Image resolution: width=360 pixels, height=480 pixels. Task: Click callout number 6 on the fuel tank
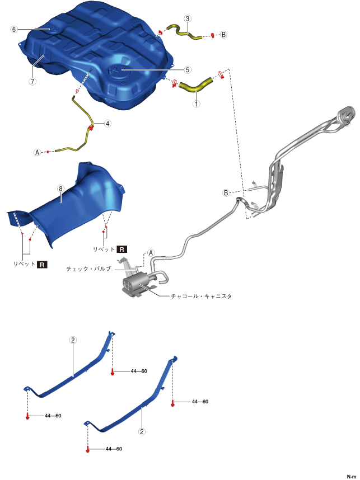(x=14, y=30)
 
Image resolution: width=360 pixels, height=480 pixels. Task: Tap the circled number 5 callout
(x=188, y=70)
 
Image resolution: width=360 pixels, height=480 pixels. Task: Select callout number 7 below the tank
(x=32, y=82)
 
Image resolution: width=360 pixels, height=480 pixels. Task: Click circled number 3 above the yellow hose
(x=188, y=18)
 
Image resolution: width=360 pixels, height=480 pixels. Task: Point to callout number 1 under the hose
(x=196, y=103)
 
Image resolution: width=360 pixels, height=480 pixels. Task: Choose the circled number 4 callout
(x=107, y=124)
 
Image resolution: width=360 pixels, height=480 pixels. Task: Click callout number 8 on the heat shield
(x=60, y=189)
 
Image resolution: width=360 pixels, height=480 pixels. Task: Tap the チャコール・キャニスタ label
(x=202, y=297)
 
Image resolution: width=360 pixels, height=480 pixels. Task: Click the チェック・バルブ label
(x=88, y=269)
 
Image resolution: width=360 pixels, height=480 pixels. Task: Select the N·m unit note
(x=352, y=477)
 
